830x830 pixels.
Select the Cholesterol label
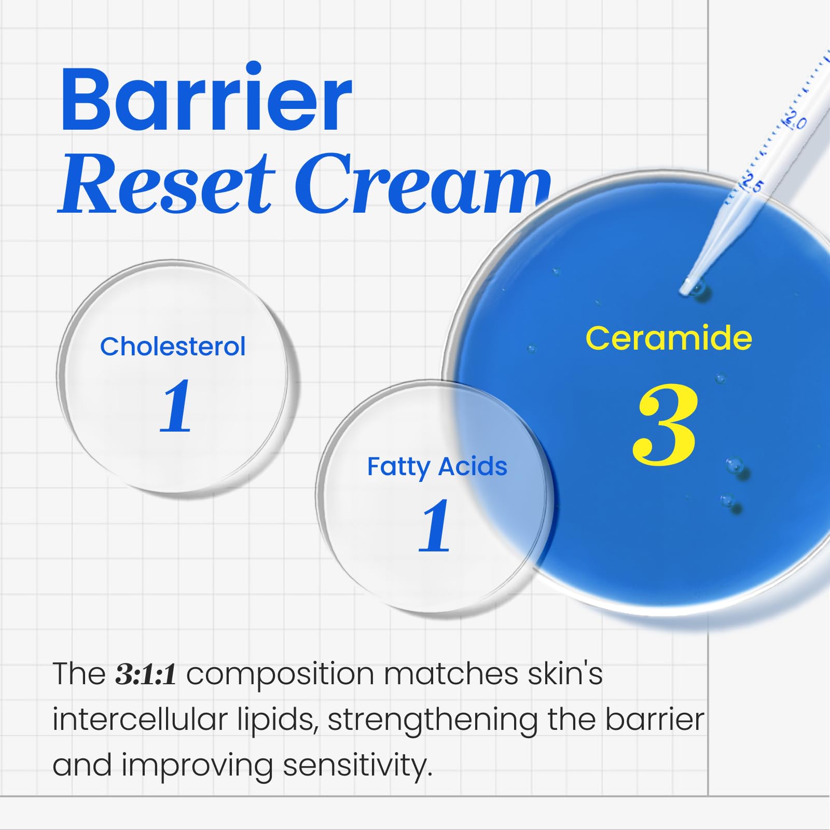(173, 347)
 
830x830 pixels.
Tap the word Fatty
(398, 467)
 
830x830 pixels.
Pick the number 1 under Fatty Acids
(435, 526)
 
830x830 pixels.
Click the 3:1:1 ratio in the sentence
(146, 674)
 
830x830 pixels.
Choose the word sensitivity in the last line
(357, 766)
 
